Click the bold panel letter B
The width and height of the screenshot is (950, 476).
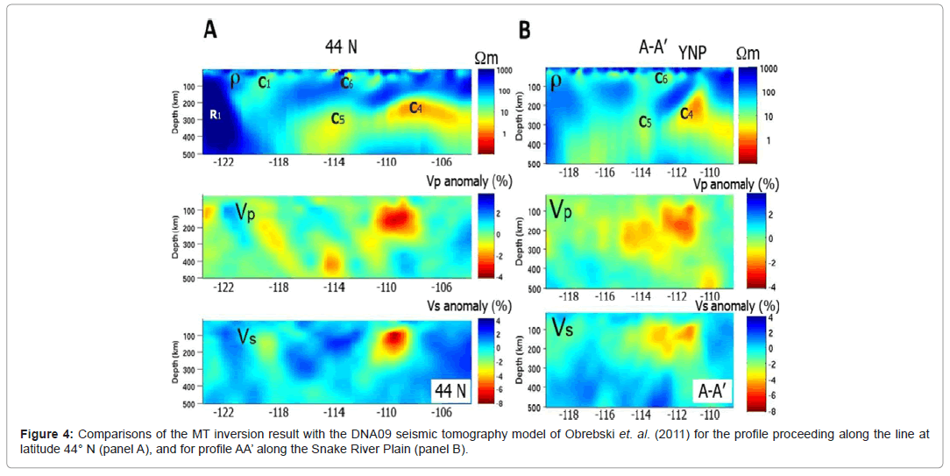[525, 30]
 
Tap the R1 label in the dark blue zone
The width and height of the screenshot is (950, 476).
[214, 115]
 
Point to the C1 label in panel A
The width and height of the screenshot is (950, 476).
[264, 82]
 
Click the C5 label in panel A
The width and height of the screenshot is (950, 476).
[337, 117]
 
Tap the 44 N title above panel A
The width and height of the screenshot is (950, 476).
[340, 47]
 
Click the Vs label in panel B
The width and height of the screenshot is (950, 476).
[562, 328]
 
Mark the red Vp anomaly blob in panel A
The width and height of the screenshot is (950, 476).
[396, 215]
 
